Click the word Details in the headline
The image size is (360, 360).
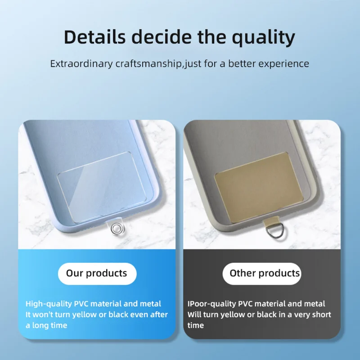pyautogui.click(x=94, y=37)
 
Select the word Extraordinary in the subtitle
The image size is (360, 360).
pyautogui.click(x=81, y=64)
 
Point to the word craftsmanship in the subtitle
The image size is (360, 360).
pyautogui.click(x=148, y=64)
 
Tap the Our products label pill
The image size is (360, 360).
pyautogui.click(x=97, y=274)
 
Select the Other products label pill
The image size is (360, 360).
pyautogui.click(x=262, y=274)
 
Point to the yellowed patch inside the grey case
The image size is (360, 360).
pyautogui.click(x=259, y=187)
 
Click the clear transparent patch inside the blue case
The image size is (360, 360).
pyautogui.click(x=102, y=187)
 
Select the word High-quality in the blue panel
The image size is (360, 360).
pyautogui.click(x=49, y=304)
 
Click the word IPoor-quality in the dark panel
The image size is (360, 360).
pyautogui.click(x=211, y=304)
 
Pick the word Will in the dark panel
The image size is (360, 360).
pyautogui.click(x=194, y=315)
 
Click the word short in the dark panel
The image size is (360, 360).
pyautogui.click(x=321, y=315)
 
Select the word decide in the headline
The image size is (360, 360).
pyautogui.click(x=162, y=37)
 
